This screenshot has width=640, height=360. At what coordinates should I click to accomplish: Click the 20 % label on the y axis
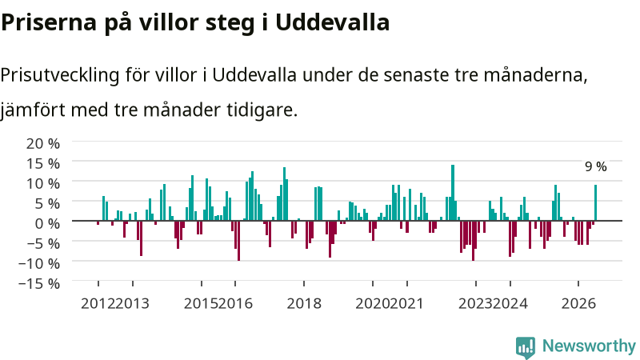(43, 143)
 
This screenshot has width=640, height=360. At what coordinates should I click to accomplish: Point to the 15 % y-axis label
(43, 163)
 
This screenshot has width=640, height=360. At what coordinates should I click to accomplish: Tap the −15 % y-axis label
(39, 283)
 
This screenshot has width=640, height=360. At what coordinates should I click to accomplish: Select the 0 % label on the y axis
(47, 223)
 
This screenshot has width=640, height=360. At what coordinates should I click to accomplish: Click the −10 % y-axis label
(39, 263)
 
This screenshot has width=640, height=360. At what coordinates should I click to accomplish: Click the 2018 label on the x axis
(304, 304)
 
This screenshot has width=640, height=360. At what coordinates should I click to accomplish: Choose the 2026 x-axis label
(578, 304)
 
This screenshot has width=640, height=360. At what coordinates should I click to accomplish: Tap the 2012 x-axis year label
(98, 304)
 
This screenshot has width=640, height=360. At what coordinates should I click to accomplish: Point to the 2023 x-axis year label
(475, 304)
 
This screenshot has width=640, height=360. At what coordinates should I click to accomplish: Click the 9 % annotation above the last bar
(595, 166)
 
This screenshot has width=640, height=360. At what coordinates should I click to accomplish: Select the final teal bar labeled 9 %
(595, 203)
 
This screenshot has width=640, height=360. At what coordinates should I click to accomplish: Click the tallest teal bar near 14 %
(453, 193)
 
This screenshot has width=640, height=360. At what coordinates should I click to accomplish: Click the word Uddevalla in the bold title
(332, 22)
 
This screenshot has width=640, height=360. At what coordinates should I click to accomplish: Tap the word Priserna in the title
(49, 23)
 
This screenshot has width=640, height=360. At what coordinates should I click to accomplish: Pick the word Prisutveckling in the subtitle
(60, 75)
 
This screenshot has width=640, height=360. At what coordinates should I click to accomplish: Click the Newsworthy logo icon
(526, 347)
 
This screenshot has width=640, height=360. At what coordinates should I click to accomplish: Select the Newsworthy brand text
(589, 346)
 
